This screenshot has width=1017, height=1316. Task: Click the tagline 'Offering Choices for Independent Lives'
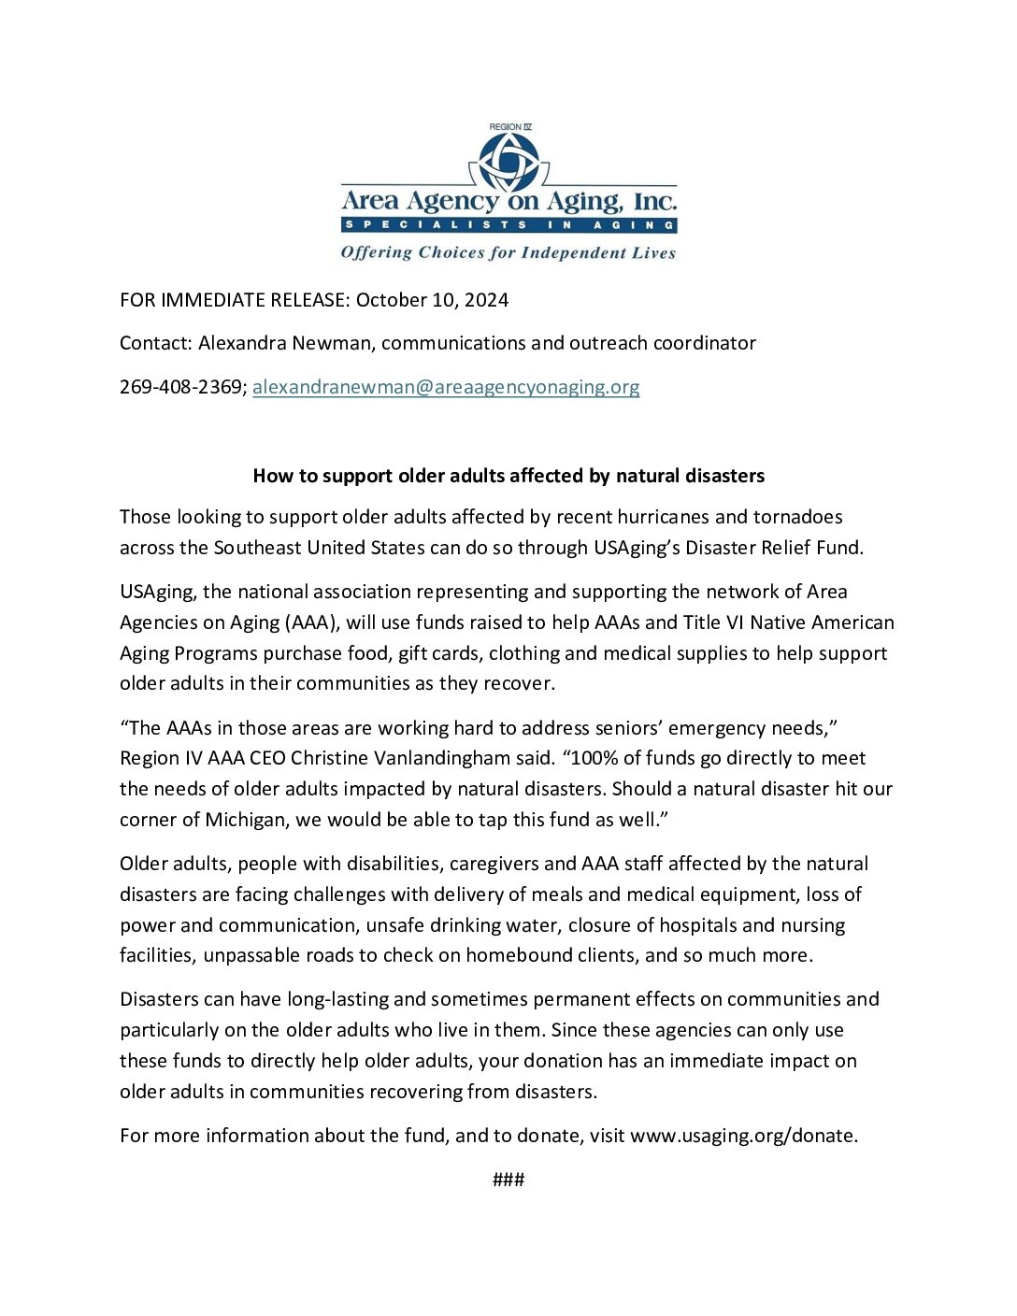(x=508, y=252)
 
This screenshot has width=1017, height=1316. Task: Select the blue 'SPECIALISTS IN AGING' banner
(x=508, y=225)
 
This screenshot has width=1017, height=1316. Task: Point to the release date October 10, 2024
(x=432, y=300)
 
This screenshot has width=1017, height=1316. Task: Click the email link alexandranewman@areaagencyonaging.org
(x=446, y=387)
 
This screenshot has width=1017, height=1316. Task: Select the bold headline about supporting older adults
(x=508, y=476)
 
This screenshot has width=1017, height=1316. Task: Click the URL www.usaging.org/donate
(x=743, y=1136)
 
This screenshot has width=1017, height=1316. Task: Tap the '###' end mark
(x=508, y=1180)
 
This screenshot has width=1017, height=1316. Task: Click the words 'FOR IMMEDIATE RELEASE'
(x=234, y=300)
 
